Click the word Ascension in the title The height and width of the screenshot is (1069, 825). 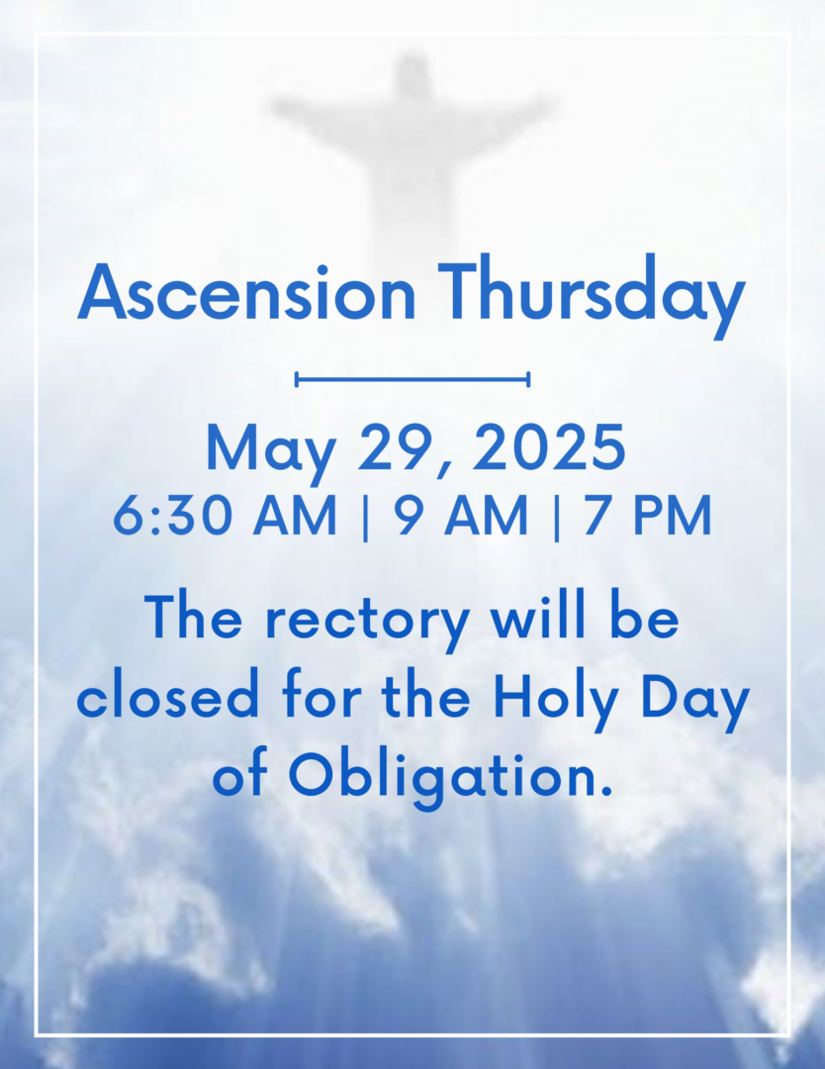246,291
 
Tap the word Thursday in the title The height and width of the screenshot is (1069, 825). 591,296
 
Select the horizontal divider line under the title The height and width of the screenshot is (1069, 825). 412,379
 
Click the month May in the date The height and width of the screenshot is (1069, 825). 270,452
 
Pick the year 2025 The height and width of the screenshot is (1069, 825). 548,447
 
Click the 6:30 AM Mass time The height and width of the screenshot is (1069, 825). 225,516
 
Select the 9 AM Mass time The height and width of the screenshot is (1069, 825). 461,516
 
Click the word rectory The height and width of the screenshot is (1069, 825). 367,623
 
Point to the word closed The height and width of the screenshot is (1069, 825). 167,697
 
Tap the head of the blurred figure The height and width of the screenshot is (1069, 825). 411,72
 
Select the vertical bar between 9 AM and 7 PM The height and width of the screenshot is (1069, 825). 557,517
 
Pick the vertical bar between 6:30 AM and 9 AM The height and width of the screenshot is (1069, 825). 365,517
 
